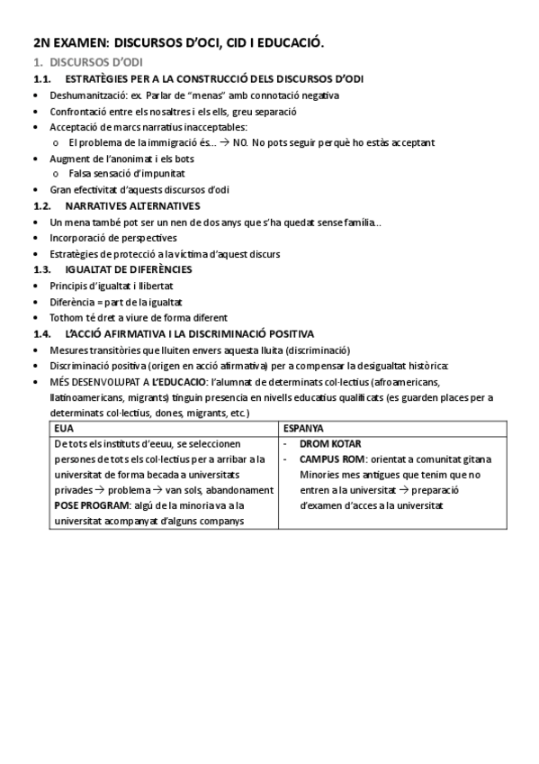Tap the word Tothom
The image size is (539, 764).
point(65,317)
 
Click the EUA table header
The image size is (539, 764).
point(65,428)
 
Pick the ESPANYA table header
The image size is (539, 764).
point(303,428)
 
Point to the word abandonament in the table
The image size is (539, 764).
point(234,490)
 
